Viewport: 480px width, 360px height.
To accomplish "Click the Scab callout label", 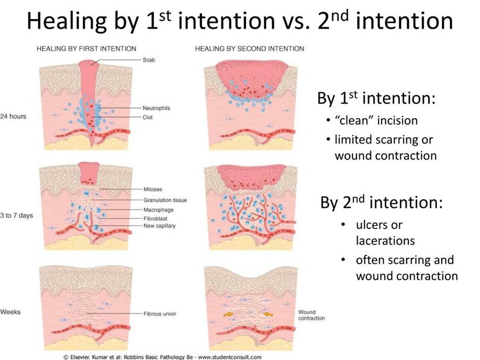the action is [x=149, y=60].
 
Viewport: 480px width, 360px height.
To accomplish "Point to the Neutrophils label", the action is [x=156, y=108].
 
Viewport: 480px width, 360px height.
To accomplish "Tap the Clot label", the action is [x=148, y=117].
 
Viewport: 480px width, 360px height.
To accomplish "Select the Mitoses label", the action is [x=153, y=189].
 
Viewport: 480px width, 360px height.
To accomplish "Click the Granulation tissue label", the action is [x=165, y=200].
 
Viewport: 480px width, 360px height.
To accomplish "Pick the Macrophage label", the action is [x=158, y=210].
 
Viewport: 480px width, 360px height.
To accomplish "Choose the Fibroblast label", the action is [x=155, y=219].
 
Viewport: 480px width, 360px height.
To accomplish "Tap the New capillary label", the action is [x=159, y=226].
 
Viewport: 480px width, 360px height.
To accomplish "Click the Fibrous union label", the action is [x=160, y=314].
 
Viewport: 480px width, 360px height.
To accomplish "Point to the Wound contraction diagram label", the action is [x=311, y=315].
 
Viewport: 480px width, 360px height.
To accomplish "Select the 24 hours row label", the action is [x=13, y=116].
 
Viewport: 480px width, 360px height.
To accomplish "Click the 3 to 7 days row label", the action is [x=16, y=215].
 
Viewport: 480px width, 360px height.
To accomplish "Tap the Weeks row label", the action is [x=11, y=312].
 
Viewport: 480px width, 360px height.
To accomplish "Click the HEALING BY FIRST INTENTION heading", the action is [x=86, y=49].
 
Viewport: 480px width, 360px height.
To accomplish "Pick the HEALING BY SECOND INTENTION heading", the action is [x=249, y=49].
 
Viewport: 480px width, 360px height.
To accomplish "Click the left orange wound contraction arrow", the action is [x=228, y=314].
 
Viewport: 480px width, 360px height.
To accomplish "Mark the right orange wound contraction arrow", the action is [x=268, y=314].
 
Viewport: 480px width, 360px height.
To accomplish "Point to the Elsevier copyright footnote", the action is [x=163, y=357].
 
